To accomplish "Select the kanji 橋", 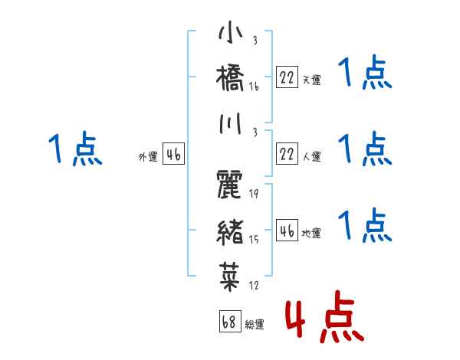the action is [230, 78].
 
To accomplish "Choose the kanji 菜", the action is [230, 273].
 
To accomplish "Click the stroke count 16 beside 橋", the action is [254, 87].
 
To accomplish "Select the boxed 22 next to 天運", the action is [287, 77].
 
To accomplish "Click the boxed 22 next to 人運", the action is [287, 155].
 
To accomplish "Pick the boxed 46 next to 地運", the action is [287, 231].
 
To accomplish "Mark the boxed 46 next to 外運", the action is [173, 155].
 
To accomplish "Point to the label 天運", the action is [311, 80].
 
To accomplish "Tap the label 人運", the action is [311, 157].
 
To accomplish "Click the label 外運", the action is [147, 157].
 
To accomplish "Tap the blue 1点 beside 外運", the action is [75, 148].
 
